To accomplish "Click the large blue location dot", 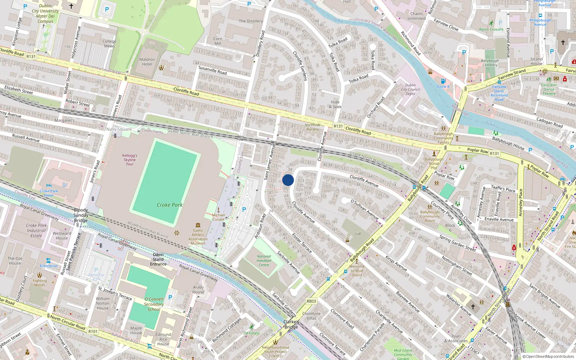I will [288, 180].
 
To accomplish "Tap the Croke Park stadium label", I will [170, 205].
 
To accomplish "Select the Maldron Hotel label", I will [147, 62].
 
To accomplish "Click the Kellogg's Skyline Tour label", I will [130, 160].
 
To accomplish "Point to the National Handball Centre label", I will [264, 261].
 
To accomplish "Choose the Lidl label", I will [358, 234].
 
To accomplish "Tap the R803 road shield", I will [311, 301].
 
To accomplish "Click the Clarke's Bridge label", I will [291, 324].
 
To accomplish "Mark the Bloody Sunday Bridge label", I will [81, 215].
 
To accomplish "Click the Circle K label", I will [443, 86].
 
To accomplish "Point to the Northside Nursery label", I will [312, 127].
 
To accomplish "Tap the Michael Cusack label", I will [218, 217].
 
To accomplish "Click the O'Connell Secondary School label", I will [154, 304].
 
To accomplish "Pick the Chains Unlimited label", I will [417, 16].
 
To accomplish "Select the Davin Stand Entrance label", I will [158, 259].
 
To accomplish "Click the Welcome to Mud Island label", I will [357, 271].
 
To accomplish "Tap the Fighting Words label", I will [40, 283].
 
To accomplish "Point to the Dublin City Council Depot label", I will [410, 89].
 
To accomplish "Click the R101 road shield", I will [93, 331].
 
